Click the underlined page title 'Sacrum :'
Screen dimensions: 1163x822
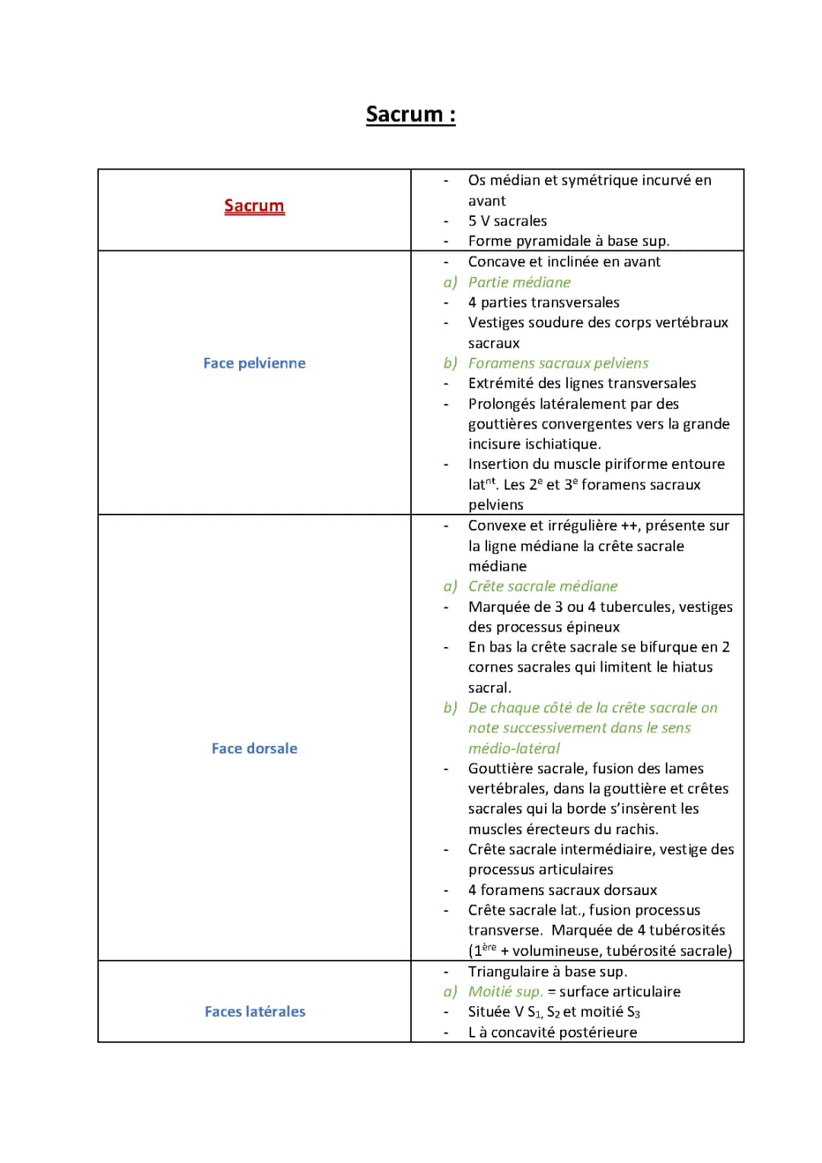point(410,114)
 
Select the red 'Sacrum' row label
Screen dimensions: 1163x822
point(254,206)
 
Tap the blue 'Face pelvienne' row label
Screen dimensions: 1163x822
point(254,363)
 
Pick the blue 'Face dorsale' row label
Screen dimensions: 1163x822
point(254,748)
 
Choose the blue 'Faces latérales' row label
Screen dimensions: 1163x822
point(254,1012)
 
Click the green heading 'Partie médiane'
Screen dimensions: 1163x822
point(519,282)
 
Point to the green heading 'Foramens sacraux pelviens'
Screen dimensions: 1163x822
point(558,363)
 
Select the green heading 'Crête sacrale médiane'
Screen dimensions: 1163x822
point(543,586)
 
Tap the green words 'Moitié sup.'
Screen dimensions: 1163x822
point(505,992)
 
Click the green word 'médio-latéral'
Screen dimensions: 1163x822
point(514,748)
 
